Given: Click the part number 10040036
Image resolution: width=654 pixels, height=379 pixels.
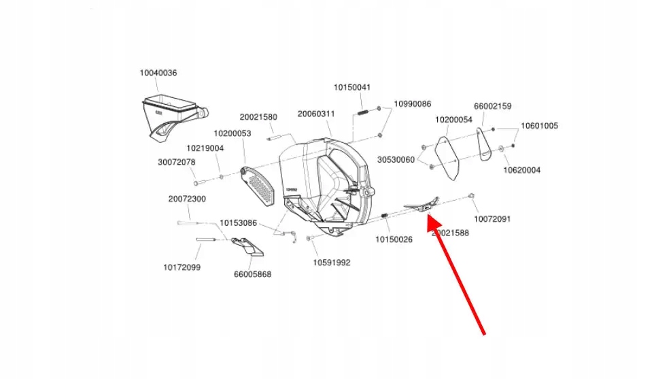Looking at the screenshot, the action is click(x=158, y=73).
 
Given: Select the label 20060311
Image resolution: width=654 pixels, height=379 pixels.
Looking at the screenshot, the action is click(x=316, y=114).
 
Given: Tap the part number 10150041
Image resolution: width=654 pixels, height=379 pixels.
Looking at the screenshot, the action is click(x=351, y=87).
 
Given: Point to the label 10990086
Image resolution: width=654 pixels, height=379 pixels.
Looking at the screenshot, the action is click(x=413, y=104).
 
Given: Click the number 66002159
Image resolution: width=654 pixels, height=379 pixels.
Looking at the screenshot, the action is click(x=493, y=106).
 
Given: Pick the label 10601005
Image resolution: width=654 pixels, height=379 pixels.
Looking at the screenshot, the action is click(x=539, y=126).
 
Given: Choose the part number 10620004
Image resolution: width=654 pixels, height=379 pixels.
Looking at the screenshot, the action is click(x=522, y=170).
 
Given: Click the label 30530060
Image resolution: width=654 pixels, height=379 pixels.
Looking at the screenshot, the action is click(x=396, y=159).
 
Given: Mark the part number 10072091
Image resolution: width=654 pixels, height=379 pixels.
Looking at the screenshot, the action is click(x=492, y=219).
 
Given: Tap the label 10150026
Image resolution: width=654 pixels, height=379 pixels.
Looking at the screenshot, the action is click(x=394, y=240).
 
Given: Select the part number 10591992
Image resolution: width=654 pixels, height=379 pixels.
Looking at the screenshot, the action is click(x=332, y=263).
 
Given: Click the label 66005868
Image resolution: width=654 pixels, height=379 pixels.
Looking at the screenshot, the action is click(x=252, y=274).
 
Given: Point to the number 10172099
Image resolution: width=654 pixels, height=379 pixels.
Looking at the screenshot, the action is click(x=182, y=267).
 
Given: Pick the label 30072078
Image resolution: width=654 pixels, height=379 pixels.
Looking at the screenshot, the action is click(x=177, y=162).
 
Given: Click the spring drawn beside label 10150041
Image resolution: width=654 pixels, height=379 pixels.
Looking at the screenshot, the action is click(x=363, y=112).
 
